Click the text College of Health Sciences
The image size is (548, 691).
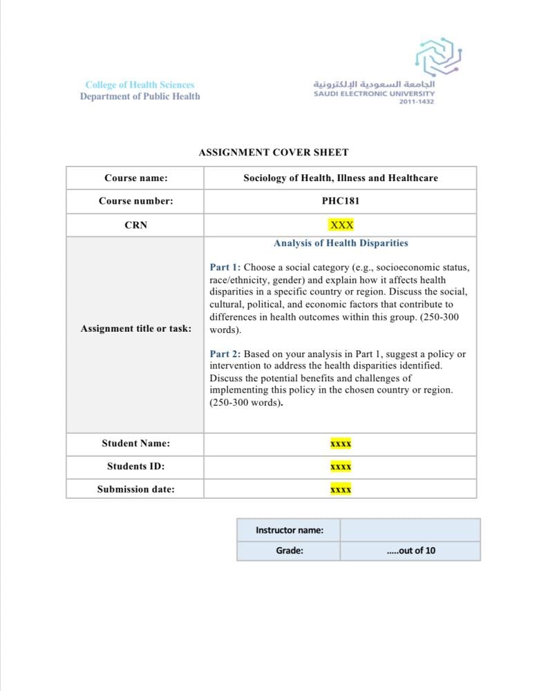point(140,85)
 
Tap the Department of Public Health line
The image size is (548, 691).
point(140,97)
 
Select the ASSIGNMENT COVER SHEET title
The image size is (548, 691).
point(274,153)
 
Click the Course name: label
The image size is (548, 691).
point(136,178)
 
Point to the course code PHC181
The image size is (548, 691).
point(341,202)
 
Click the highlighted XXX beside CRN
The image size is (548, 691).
point(341,225)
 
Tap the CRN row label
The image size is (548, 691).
point(136,225)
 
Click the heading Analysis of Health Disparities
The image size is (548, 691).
point(341,243)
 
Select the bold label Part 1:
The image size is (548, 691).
point(225,267)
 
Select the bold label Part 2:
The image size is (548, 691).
point(225,354)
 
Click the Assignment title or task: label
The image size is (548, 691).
point(136,329)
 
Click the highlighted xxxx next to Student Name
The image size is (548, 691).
point(341,444)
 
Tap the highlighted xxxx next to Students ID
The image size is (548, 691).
point(341,467)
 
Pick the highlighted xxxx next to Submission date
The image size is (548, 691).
point(341,490)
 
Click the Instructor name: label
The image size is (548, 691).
point(289,531)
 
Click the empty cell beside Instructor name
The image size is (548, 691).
point(410,531)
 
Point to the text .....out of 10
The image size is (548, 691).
point(411,551)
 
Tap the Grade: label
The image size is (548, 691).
point(289,551)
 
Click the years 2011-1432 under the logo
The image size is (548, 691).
point(417,102)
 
